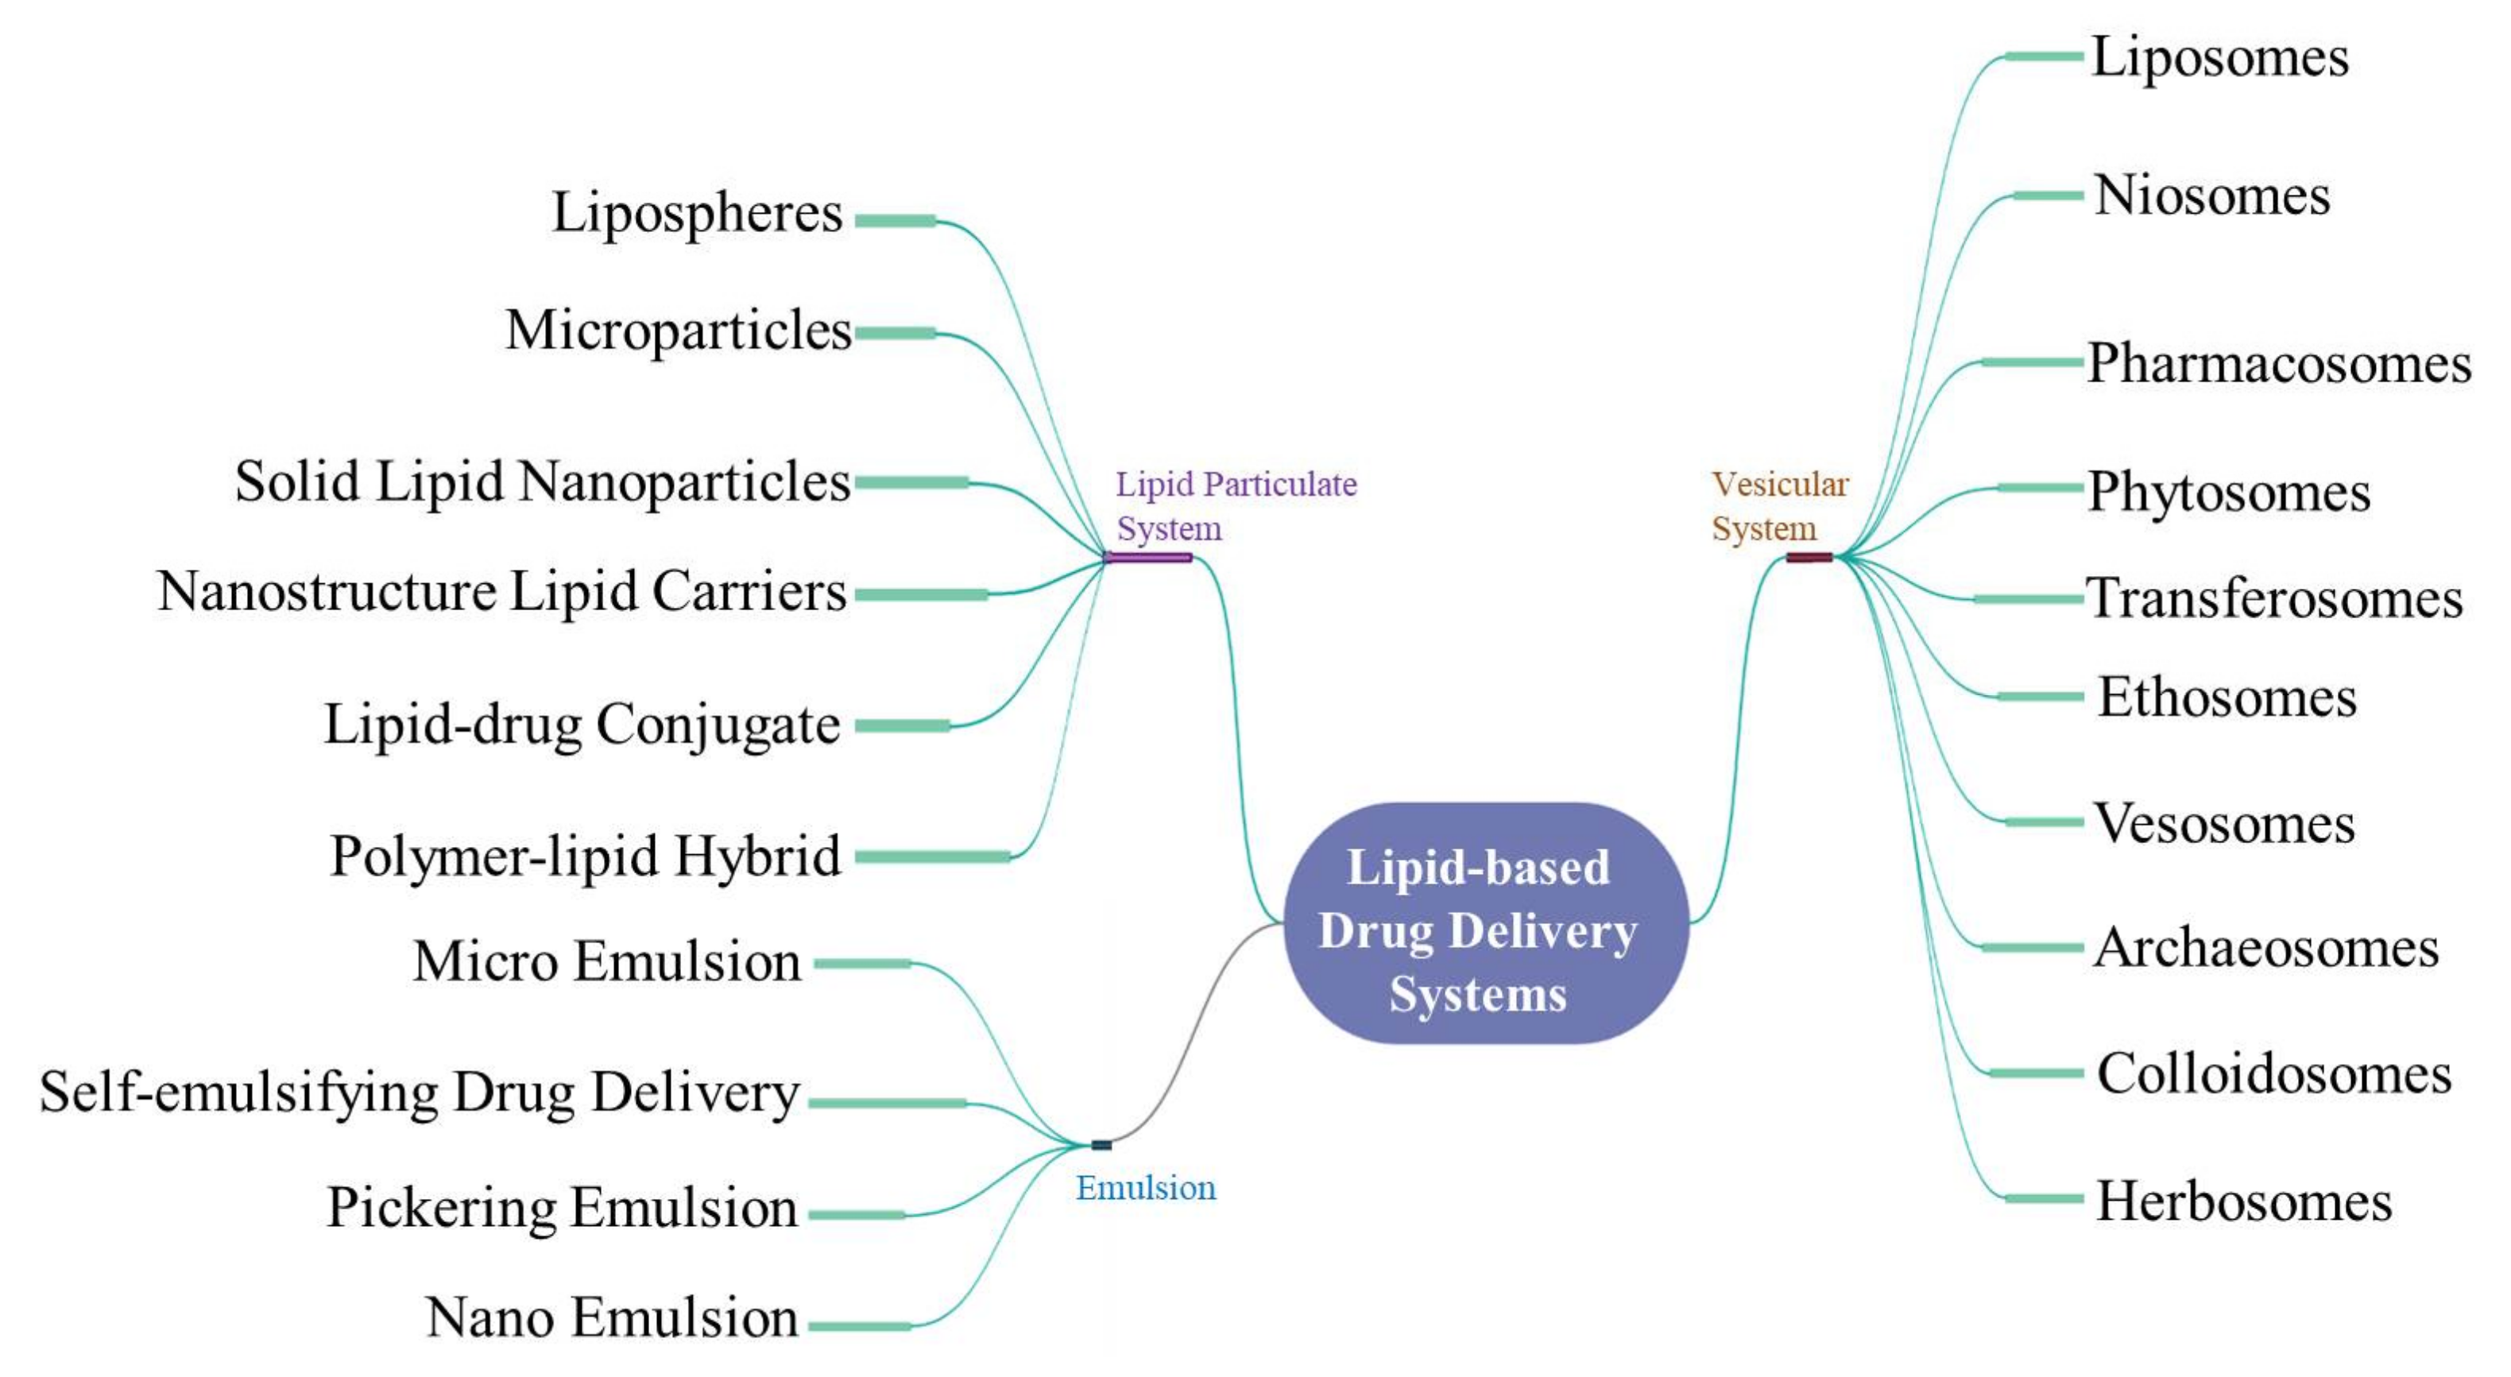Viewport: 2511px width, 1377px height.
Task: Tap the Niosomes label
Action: pyautogui.click(x=2211, y=196)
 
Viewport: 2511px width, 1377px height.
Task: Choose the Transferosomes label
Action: pyautogui.click(x=2273, y=598)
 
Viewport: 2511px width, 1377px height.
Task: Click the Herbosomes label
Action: pyautogui.click(x=2243, y=1201)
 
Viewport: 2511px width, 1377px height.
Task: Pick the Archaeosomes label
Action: pyautogui.click(x=2265, y=948)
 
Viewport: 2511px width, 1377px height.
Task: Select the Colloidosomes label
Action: pyautogui.click(x=2273, y=1074)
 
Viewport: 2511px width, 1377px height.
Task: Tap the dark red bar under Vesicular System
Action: pyautogui.click(x=1809, y=558)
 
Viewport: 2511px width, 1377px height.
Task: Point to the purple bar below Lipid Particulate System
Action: pyautogui.click(x=1147, y=558)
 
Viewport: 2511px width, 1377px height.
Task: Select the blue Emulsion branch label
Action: pyautogui.click(x=1145, y=1188)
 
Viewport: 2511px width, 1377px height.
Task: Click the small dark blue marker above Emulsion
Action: pyautogui.click(x=1101, y=1145)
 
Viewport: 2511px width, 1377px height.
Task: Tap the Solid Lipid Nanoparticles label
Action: pyautogui.click(x=542, y=482)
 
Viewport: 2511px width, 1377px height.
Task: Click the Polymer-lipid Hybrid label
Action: pyautogui.click(x=585, y=857)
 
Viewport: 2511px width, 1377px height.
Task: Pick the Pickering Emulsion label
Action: pyautogui.click(x=562, y=1208)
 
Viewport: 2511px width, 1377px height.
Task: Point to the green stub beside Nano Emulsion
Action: pyautogui.click(x=859, y=1326)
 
